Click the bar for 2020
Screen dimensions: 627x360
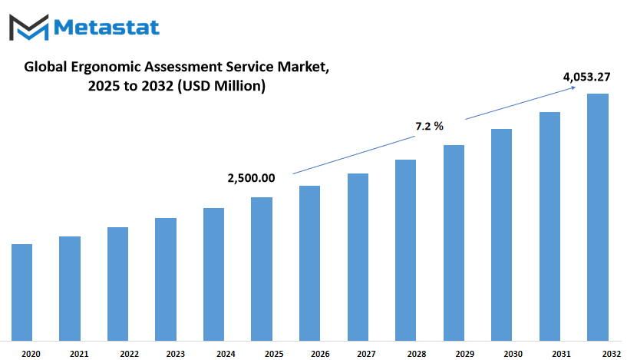(x=21, y=292)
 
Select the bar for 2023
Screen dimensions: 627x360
(x=166, y=279)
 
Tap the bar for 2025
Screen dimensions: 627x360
(x=262, y=269)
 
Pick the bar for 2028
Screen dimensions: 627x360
(x=405, y=250)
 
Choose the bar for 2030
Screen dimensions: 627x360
(x=501, y=235)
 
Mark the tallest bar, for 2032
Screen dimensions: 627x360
(x=598, y=217)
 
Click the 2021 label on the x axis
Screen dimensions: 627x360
(x=79, y=354)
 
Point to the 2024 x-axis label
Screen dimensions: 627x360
(x=226, y=354)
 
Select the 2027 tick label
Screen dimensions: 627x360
(x=366, y=354)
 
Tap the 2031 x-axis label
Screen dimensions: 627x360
(x=561, y=354)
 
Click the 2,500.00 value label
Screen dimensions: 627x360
(x=251, y=178)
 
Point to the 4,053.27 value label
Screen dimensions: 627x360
(x=586, y=77)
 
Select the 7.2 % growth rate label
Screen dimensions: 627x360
(x=430, y=127)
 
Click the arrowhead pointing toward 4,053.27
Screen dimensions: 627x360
(x=574, y=88)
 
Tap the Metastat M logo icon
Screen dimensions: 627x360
(x=29, y=27)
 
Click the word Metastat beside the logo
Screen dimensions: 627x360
(x=107, y=27)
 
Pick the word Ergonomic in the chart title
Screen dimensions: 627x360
(x=106, y=68)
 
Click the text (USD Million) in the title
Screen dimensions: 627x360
(x=221, y=86)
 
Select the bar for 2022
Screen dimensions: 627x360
(x=117, y=284)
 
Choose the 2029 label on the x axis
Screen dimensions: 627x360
(x=464, y=354)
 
